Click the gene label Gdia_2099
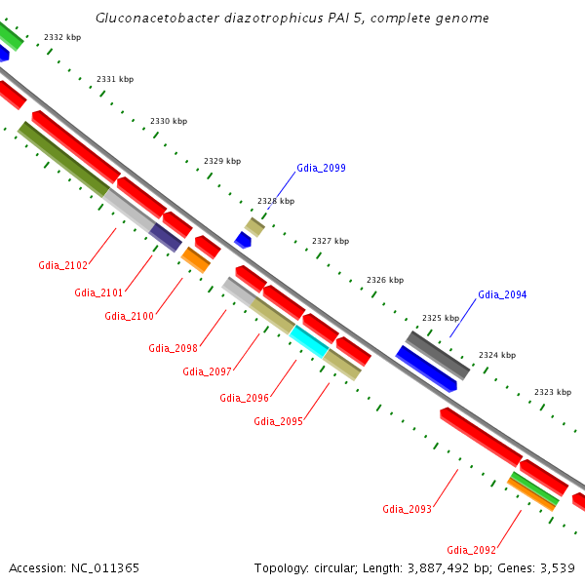tap(321, 168)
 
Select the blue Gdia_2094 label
tap(502, 294)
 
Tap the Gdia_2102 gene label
tap(62, 265)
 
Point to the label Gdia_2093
tap(407, 509)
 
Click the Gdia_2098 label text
tap(173, 348)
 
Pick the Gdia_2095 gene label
tap(278, 421)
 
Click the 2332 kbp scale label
tap(62, 37)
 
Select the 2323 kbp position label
tap(552, 392)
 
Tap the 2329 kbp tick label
tap(222, 161)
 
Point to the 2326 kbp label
tap(384, 280)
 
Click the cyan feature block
tap(309, 341)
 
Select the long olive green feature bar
tap(63, 158)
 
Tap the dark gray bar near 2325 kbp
tap(438, 355)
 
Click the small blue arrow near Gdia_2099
tap(244, 240)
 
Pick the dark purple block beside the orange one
tap(166, 237)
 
